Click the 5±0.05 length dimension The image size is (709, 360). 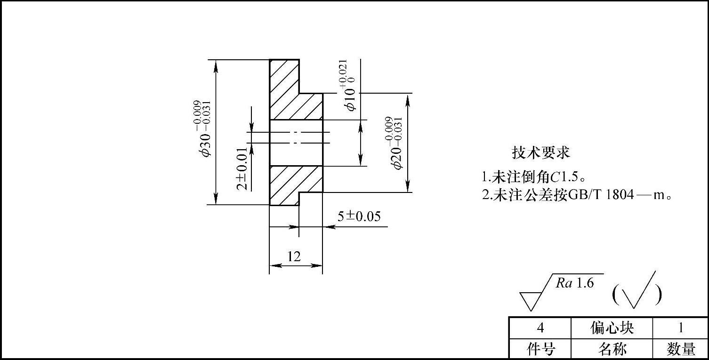359,216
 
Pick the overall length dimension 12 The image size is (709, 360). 294,256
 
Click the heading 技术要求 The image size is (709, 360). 541,152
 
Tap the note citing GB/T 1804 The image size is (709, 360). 576,194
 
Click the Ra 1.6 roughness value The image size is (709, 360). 574,283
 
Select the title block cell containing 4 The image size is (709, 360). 540,328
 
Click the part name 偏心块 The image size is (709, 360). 612,328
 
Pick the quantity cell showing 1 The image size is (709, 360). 680,328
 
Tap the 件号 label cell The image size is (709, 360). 540,349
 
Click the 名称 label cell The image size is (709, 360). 612,349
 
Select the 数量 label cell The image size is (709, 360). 681,349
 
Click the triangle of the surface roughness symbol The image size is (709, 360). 530,300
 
